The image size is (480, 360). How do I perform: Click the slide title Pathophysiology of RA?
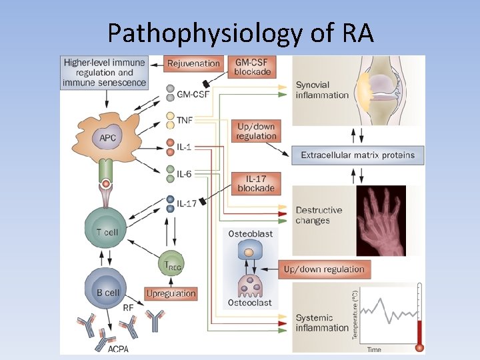(240, 31)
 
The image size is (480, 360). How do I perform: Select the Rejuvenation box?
(193, 64)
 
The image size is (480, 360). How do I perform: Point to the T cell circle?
(107, 231)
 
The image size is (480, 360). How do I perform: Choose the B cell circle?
(107, 292)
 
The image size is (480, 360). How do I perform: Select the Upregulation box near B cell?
(171, 293)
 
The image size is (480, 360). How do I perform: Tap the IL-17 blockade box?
(256, 183)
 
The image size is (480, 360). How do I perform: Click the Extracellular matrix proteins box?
(357, 155)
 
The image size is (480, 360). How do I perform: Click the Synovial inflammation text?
(322, 90)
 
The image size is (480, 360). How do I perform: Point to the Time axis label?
(374, 349)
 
